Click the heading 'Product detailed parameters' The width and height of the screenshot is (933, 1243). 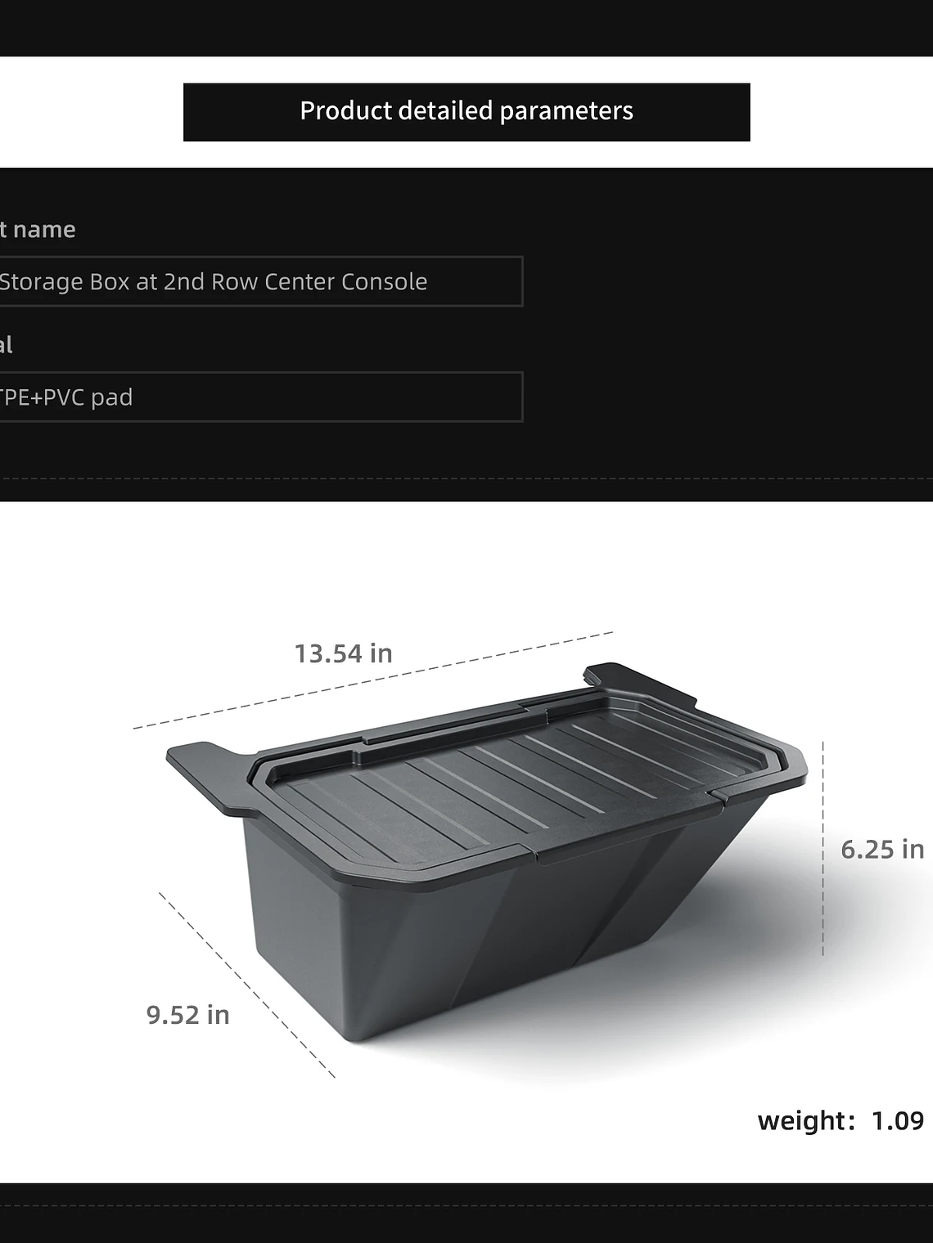(466, 111)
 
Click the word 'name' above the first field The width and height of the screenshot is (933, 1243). (44, 230)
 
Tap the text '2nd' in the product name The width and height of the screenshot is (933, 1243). (184, 282)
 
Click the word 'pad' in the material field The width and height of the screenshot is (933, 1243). (112, 398)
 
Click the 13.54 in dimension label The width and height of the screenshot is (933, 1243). (344, 654)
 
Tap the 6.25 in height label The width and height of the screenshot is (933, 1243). (882, 850)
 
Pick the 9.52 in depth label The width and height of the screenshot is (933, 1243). (188, 1015)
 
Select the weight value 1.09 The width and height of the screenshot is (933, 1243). (897, 1121)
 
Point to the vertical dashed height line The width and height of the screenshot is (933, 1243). (823, 850)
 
